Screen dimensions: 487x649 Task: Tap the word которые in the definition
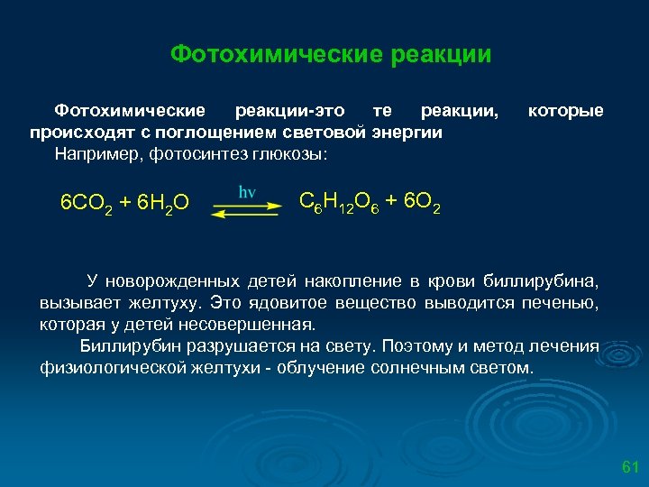565,111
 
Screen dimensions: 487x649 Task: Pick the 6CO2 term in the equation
86,202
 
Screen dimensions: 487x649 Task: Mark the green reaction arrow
247,208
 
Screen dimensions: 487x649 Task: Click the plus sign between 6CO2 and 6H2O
124,201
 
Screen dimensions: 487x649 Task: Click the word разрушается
236,346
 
